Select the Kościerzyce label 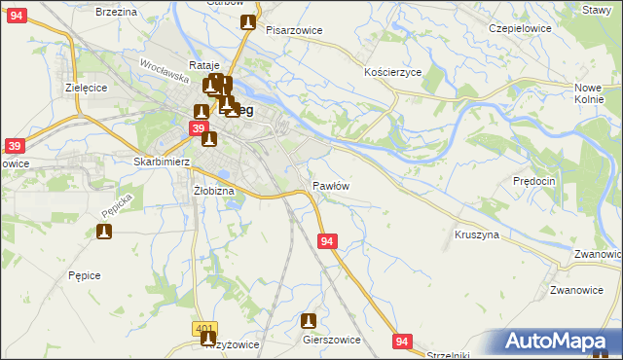pos(392,73)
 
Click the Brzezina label pos(116,11)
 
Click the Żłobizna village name pos(214,191)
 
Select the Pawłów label pos(331,185)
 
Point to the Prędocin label pos(533,181)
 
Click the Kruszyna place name pos(476,235)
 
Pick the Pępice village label pos(85,275)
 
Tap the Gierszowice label pos(332,340)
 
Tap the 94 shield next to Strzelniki pos(403,340)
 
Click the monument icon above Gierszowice pos(310,320)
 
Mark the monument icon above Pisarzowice pos(248,21)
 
